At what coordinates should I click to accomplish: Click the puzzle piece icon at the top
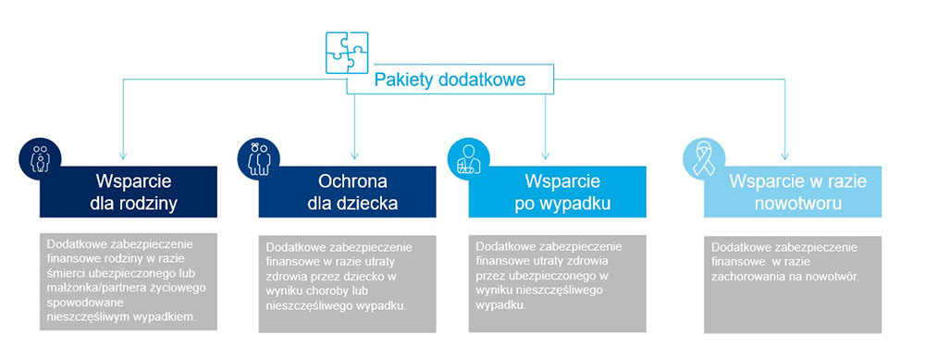point(347,53)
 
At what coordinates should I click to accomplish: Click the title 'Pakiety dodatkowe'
point(450,80)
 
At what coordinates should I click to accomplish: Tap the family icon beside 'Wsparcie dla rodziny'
point(40,158)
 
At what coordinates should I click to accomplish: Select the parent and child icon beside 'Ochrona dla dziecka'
point(259,158)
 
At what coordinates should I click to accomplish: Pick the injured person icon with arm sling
point(469,158)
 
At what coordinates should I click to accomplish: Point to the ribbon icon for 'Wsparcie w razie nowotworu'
point(704,158)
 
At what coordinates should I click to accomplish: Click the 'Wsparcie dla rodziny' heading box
point(129,192)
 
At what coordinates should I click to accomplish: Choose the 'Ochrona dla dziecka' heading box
point(348,192)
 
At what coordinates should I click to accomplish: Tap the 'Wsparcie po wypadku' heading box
point(558,192)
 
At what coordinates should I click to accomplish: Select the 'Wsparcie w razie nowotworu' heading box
point(793,192)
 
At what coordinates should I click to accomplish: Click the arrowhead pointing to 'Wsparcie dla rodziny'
point(123,155)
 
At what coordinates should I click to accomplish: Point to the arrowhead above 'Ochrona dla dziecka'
point(354,155)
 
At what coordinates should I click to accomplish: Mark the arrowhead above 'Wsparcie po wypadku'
point(545,155)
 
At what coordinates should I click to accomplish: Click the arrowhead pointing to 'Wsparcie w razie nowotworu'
point(784,155)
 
